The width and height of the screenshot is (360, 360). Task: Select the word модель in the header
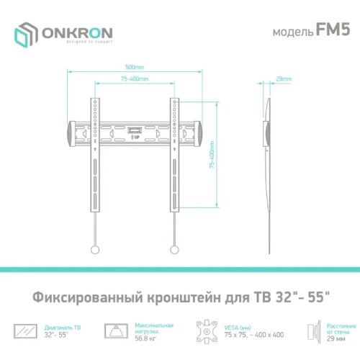[x=291, y=33]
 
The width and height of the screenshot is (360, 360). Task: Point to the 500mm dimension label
[x=135, y=67]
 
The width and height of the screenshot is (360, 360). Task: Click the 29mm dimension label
[x=284, y=78]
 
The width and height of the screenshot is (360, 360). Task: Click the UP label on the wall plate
[x=135, y=136]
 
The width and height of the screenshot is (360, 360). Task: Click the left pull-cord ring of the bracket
[x=94, y=250]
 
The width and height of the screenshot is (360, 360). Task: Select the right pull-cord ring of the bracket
[x=174, y=250]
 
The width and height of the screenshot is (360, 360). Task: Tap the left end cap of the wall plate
[x=71, y=133]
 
